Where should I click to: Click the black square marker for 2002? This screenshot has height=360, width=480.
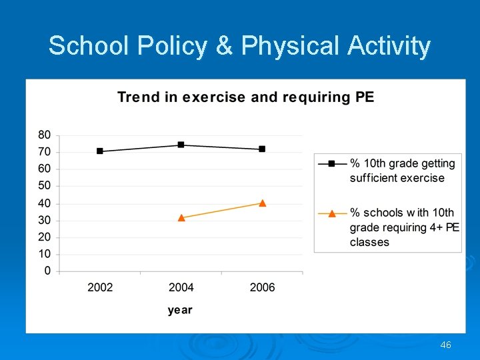(100, 151)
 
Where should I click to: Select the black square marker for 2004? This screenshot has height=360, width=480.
(181, 145)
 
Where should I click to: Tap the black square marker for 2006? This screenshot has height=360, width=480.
(262, 149)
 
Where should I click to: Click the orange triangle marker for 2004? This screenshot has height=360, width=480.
(181, 217)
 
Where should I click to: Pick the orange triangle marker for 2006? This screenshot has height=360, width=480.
(262, 203)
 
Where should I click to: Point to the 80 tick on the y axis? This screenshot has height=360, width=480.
(44, 135)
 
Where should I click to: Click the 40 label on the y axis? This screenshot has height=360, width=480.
(44, 203)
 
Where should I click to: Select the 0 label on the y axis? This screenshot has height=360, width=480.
(47, 271)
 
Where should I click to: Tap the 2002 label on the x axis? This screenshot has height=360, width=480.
(100, 287)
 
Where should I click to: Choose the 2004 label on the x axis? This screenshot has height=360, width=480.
(181, 287)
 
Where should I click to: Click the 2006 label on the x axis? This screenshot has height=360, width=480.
(262, 287)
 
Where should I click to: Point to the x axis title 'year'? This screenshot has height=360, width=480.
(180, 310)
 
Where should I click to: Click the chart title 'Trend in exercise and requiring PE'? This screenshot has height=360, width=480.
(246, 97)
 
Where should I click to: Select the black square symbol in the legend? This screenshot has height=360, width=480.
(332, 163)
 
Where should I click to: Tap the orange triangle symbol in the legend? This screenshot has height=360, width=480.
(332, 213)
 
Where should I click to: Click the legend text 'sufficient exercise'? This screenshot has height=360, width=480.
(397, 178)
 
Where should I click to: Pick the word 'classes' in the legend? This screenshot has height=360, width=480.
(369, 242)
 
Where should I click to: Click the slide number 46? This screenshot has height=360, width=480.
(446, 345)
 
